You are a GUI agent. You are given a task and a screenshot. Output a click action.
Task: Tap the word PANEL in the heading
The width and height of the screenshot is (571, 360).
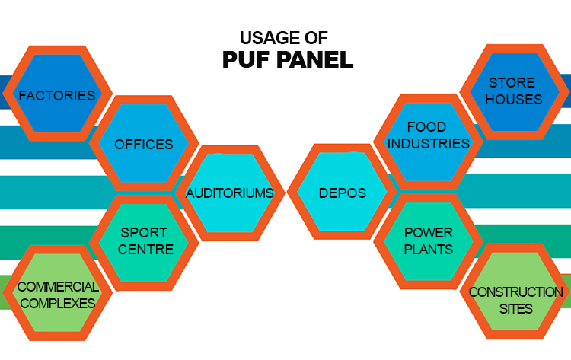(315, 59)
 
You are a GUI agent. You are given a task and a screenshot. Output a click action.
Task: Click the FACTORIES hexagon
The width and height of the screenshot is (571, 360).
(57, 93)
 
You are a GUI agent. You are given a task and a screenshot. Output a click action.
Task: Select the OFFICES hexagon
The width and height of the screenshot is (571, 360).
(144, 143)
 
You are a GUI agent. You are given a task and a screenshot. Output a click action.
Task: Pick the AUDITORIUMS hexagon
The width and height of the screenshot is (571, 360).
(230, 193)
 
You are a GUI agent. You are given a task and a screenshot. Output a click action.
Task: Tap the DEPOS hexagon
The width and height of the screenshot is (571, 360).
(342, 192)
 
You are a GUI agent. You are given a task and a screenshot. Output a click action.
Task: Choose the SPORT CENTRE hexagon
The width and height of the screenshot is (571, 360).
(144, 243)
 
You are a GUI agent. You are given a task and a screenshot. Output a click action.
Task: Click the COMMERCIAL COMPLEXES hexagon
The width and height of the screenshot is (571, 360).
(57, 293)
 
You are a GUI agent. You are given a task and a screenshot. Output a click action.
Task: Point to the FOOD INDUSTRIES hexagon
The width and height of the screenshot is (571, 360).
(428, 142)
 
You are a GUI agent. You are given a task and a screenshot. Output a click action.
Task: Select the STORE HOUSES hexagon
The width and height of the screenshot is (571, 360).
(515, 92)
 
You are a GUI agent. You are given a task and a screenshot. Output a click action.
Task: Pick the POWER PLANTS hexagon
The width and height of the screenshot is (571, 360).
(428, 242)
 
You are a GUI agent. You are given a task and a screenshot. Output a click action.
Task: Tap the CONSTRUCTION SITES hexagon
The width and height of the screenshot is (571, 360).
(515, 292)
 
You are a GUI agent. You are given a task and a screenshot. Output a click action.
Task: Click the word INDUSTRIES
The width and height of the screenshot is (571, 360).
(428, 143)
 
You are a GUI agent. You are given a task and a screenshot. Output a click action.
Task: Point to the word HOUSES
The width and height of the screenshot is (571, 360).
(514, 99)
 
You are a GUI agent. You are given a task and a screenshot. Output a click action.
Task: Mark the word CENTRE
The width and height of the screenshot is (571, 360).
(145, 250)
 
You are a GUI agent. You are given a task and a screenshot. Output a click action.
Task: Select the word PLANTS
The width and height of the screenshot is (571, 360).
(429, 250)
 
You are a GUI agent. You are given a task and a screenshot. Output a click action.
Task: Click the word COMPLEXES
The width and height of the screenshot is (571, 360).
(58, 303)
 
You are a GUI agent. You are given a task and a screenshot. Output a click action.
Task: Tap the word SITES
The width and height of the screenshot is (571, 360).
(516, 309)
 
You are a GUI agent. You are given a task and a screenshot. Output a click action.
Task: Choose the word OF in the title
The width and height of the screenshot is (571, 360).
(317, 38)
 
